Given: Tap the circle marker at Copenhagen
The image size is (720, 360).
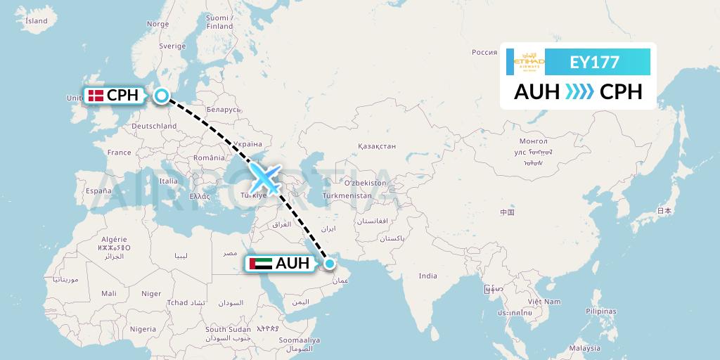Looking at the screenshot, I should point(162,96).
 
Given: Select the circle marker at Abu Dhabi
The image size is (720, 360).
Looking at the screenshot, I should point(329,263).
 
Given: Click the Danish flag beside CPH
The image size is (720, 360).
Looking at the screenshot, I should point(95,96).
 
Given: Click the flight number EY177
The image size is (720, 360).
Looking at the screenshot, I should point(594,62).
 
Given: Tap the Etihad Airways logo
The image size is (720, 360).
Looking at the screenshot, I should point(530,61).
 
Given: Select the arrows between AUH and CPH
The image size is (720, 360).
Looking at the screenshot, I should point(580,91).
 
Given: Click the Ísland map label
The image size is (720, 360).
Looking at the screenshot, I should point(36,20).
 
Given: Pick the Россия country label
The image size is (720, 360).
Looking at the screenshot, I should point(484,52).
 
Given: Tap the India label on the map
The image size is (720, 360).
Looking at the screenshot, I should point(428,276).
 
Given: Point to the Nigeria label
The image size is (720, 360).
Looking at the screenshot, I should point(143,328).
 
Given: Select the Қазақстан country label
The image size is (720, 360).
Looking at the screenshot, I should point(377,146).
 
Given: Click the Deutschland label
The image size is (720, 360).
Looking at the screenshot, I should point(154,126).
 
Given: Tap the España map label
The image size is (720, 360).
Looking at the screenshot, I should point(98,191).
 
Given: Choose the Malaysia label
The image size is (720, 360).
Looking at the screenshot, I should point(585,348).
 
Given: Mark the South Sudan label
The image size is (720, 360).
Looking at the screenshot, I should point(229,329).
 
